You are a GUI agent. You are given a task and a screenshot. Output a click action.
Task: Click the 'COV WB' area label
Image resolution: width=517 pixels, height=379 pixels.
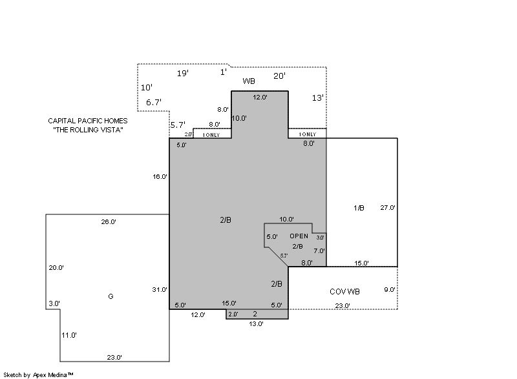click(344, 291)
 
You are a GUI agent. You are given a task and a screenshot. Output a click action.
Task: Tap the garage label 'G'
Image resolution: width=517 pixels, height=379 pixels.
click(111, 296)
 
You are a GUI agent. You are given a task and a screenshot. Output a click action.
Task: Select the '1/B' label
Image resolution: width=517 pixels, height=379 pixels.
click(359, 208)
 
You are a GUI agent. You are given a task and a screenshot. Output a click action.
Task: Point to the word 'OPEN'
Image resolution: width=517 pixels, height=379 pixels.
click(299, 236)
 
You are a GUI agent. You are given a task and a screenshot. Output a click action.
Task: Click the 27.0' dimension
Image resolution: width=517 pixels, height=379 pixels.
click(388, 207)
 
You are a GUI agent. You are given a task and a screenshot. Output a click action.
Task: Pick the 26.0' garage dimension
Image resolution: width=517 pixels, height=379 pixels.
click(109, 221)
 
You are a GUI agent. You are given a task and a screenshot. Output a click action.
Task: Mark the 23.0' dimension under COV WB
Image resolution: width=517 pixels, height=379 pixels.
click(343, 305)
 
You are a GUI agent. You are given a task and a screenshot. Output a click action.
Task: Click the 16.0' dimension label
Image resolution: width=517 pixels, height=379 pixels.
click(160, 176)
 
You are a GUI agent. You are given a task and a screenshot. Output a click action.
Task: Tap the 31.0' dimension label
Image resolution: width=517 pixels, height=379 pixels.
click(160, 289)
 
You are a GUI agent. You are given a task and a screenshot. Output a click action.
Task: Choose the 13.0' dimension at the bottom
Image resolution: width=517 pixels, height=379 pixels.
click(256, 323)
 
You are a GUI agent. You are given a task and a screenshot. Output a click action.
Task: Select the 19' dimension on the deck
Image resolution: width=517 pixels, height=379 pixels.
click(183, 73)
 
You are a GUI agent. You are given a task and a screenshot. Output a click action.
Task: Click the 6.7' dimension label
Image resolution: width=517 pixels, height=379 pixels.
click(154, 102)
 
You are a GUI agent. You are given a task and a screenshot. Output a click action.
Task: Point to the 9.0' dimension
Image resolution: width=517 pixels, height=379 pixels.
click(390, 289)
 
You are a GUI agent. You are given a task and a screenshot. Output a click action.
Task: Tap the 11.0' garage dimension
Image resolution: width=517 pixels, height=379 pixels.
click(69, 335)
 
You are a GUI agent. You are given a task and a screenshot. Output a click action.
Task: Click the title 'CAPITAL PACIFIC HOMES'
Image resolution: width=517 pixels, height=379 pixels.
click(88, 121)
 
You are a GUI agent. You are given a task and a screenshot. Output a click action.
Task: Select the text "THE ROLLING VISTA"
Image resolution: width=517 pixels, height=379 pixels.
click(88, 130)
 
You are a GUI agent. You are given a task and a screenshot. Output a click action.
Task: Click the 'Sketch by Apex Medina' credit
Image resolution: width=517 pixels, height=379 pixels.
click(38, 374)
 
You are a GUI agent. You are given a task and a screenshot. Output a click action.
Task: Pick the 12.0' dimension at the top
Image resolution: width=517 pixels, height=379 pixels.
click(260, 97)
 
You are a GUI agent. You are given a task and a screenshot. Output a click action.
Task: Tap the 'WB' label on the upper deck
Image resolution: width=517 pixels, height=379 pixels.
click(249, 81)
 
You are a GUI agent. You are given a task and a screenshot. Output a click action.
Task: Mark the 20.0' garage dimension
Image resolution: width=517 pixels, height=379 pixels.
click(56, 268)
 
